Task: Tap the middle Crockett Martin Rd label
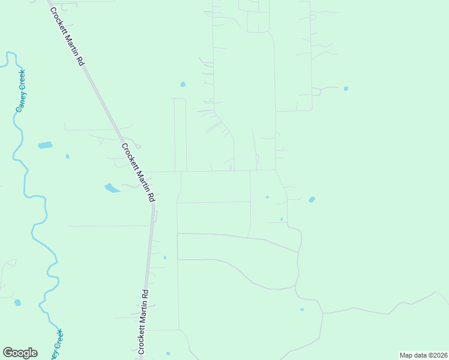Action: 139,172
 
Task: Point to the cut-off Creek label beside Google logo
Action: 55,345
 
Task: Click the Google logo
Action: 20,353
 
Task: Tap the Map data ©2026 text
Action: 424,355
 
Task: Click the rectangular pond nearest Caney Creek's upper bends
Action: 45,145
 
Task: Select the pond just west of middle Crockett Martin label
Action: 112,188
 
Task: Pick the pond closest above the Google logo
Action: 17,302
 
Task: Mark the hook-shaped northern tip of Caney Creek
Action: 8,56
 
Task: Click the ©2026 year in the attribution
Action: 436,355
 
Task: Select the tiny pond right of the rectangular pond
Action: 67,156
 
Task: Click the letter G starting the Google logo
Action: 7,353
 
